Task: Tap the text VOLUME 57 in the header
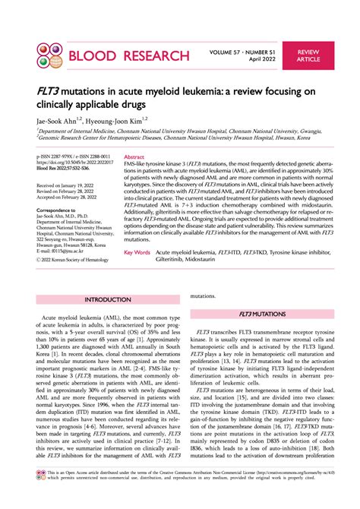231,48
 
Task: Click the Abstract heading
135,155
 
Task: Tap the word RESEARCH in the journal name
153,55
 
